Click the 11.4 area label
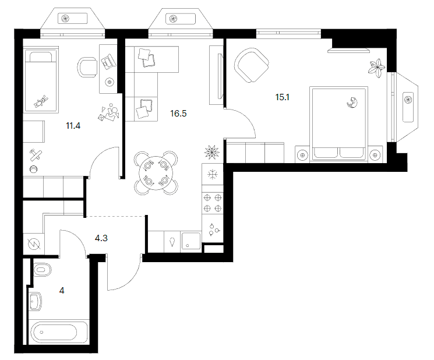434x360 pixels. (73, 126)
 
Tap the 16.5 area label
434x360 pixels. (178, 114)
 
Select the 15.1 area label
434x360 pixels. (283, 97)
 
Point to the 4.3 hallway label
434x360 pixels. (101, 238)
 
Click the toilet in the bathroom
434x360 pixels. (43, 270)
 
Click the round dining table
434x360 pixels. (156, 173)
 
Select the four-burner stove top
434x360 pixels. (213, 203)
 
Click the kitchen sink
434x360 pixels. (191, 242)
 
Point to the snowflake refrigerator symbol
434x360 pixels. (213, 174)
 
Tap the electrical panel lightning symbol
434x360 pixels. (34, 244)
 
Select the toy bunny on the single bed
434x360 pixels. (41, 101)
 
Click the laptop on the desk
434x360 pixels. (108, 61)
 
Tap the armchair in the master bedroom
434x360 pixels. (251, 65)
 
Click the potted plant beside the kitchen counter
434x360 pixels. (212, 152)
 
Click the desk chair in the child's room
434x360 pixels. (87, 67)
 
